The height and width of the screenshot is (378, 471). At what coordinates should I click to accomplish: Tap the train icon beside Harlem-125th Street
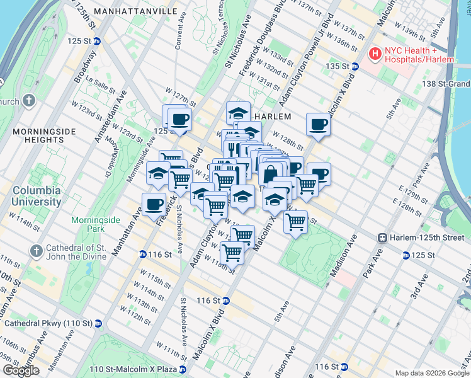tap(382, 238)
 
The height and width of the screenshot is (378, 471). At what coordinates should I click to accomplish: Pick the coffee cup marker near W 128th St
tap(319, 124)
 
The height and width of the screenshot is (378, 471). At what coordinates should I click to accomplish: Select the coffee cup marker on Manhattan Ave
tap(154, 203)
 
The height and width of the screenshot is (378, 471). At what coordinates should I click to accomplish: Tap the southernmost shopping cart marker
tap(232, 252)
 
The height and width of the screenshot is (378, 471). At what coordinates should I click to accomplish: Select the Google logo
tap(21, 370)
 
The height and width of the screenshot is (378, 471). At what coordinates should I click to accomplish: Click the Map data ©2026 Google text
tap(432, 373)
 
